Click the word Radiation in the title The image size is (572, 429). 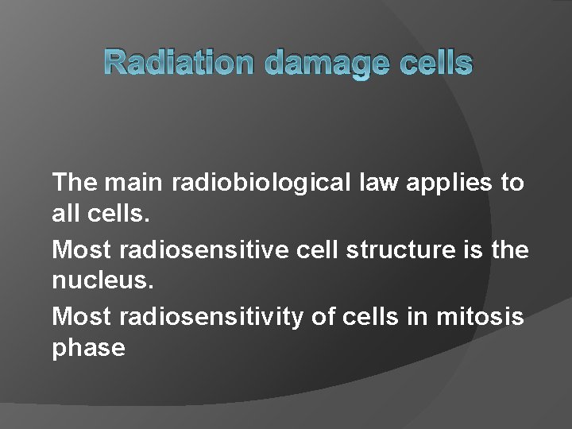pyautogui.click(x=180, y=64)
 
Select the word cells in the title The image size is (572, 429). pyautogui.click(x=435, y=64)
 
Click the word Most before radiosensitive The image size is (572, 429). pyautogui.click(x=81, y=249)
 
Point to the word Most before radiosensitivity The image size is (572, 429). pyautogui.click(x=81, y=316)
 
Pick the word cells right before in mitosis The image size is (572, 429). pyautogui.click(x=371, y=316)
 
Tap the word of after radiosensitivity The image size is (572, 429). pyautogui.click(x=323, y=316)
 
